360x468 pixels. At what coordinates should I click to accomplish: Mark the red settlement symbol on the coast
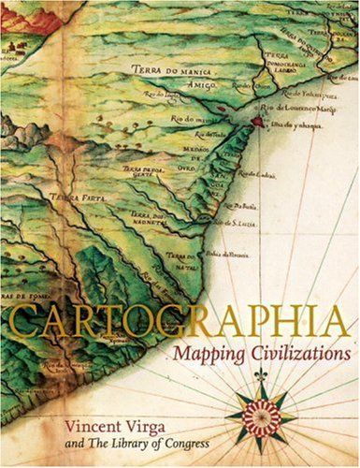(x=253, y=121)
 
